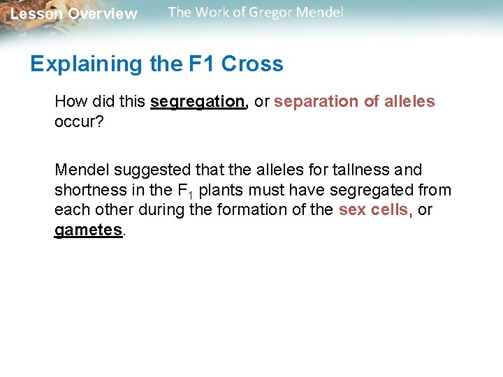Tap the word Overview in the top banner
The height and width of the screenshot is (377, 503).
[x=103, y=14]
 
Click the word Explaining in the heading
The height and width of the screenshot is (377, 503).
[x=86, y=64]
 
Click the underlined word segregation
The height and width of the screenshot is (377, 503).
[x=197, y=102]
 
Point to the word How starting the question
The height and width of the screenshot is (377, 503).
[x=71, y=102]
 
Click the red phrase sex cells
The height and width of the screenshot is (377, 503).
[x=373, y=209]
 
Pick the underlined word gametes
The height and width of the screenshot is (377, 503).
[x=88, y=230]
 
